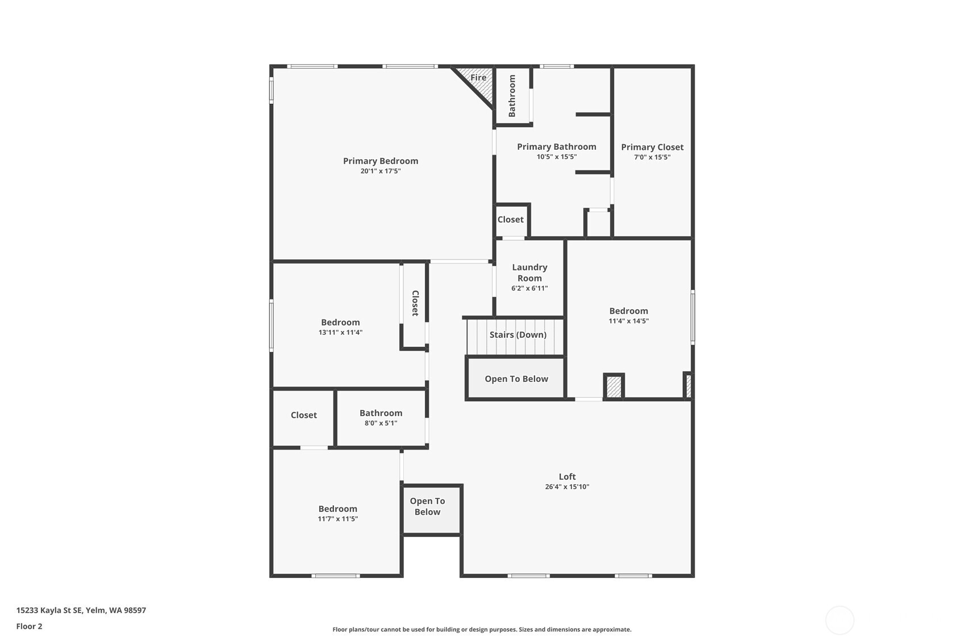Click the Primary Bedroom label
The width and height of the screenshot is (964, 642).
point(380,161)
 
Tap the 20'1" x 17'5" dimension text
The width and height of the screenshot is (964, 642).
point(380,171)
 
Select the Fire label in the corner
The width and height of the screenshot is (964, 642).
point(478,78)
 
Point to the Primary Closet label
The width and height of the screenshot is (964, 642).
point(652,147)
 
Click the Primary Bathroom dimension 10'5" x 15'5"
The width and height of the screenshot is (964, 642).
point(557,157)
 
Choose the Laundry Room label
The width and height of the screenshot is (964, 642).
point(529,272)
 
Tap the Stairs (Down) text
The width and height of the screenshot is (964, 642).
point(518,335)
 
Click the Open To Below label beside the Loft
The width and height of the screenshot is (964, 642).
point(427,506)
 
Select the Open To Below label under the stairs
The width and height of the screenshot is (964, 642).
point(516,379)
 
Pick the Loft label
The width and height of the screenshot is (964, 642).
point(567,477)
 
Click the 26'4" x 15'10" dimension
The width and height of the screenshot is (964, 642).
point(567,487)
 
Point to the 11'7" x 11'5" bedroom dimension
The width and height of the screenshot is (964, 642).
point(337,519)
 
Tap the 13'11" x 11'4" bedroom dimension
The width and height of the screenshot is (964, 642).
point(340,333)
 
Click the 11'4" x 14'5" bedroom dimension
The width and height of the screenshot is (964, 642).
point(628,321)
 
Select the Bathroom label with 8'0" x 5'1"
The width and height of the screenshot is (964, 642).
point(381,413)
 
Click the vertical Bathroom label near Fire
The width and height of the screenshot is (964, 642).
point(512,96)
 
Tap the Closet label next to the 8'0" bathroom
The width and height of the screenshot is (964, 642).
point(303,416)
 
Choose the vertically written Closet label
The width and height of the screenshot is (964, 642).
point(415,303)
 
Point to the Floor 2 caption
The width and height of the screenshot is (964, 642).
point(29,627)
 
